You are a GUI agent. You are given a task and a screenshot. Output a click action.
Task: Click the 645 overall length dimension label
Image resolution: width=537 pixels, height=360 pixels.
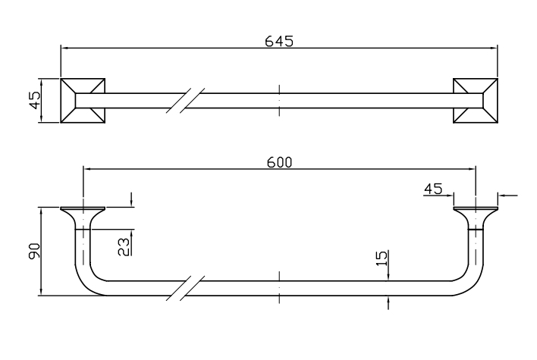279,41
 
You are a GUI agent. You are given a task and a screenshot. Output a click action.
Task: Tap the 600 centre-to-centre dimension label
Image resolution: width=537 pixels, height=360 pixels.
279,162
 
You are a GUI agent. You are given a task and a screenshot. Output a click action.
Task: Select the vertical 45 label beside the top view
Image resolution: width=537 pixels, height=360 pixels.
35,101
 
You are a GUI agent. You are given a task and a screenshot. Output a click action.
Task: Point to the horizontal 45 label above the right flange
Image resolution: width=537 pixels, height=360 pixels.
433,189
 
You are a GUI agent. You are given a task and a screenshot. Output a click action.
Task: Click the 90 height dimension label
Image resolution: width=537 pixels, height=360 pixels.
34,251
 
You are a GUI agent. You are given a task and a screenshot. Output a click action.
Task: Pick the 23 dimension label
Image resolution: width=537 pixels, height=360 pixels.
124,247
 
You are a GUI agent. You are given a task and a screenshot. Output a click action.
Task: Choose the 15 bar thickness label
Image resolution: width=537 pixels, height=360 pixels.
382,258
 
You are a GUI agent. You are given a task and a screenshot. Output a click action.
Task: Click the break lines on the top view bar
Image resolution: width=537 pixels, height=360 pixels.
185,101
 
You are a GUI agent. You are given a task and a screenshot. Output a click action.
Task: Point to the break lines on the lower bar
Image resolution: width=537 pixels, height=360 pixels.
185,288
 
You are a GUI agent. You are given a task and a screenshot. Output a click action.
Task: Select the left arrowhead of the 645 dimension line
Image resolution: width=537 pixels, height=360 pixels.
64,48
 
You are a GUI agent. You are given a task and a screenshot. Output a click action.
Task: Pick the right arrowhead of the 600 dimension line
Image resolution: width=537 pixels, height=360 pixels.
472,169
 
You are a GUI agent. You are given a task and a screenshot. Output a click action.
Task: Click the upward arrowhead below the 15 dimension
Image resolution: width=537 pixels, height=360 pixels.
388,300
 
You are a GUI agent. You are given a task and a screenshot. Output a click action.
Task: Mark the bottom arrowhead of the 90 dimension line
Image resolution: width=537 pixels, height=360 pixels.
41,291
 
